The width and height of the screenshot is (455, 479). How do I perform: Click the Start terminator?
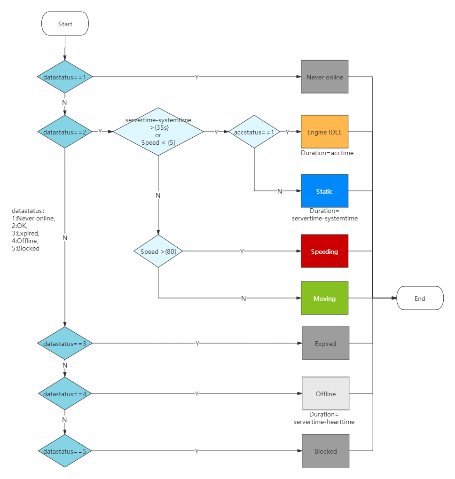click(65, 24)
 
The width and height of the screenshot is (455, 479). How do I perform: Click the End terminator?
click(420, 298)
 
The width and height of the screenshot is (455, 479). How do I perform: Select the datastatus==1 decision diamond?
click(65, 77)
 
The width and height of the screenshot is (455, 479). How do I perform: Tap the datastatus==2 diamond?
click(65, 132)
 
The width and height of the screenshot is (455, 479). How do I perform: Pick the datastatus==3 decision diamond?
click(65, 344)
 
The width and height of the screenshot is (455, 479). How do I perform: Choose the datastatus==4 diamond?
click(65, 393)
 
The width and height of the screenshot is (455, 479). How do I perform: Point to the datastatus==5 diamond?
click(65, 451)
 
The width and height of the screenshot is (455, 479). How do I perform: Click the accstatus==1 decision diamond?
click(254, 132)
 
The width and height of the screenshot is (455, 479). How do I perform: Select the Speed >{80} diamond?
click(158, 251)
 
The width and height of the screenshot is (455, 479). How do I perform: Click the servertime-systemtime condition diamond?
click(158, 132)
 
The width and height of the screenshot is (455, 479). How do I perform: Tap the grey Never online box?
click(324, 77)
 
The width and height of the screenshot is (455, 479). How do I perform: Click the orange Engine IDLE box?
click(324, 132)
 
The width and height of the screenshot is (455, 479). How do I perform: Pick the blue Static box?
click(324, 191)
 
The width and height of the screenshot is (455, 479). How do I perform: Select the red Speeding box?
click(324, 251)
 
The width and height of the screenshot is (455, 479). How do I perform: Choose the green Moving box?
click(324, 298)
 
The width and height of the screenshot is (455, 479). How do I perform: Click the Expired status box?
click(325, 343)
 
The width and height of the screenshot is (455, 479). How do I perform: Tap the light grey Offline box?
click(325, 393)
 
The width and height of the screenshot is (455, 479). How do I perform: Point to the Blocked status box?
click(325, 451)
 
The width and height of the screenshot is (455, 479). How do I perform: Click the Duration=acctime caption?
click(327, 153)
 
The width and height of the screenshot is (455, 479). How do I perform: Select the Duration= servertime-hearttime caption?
click(324, 418)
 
